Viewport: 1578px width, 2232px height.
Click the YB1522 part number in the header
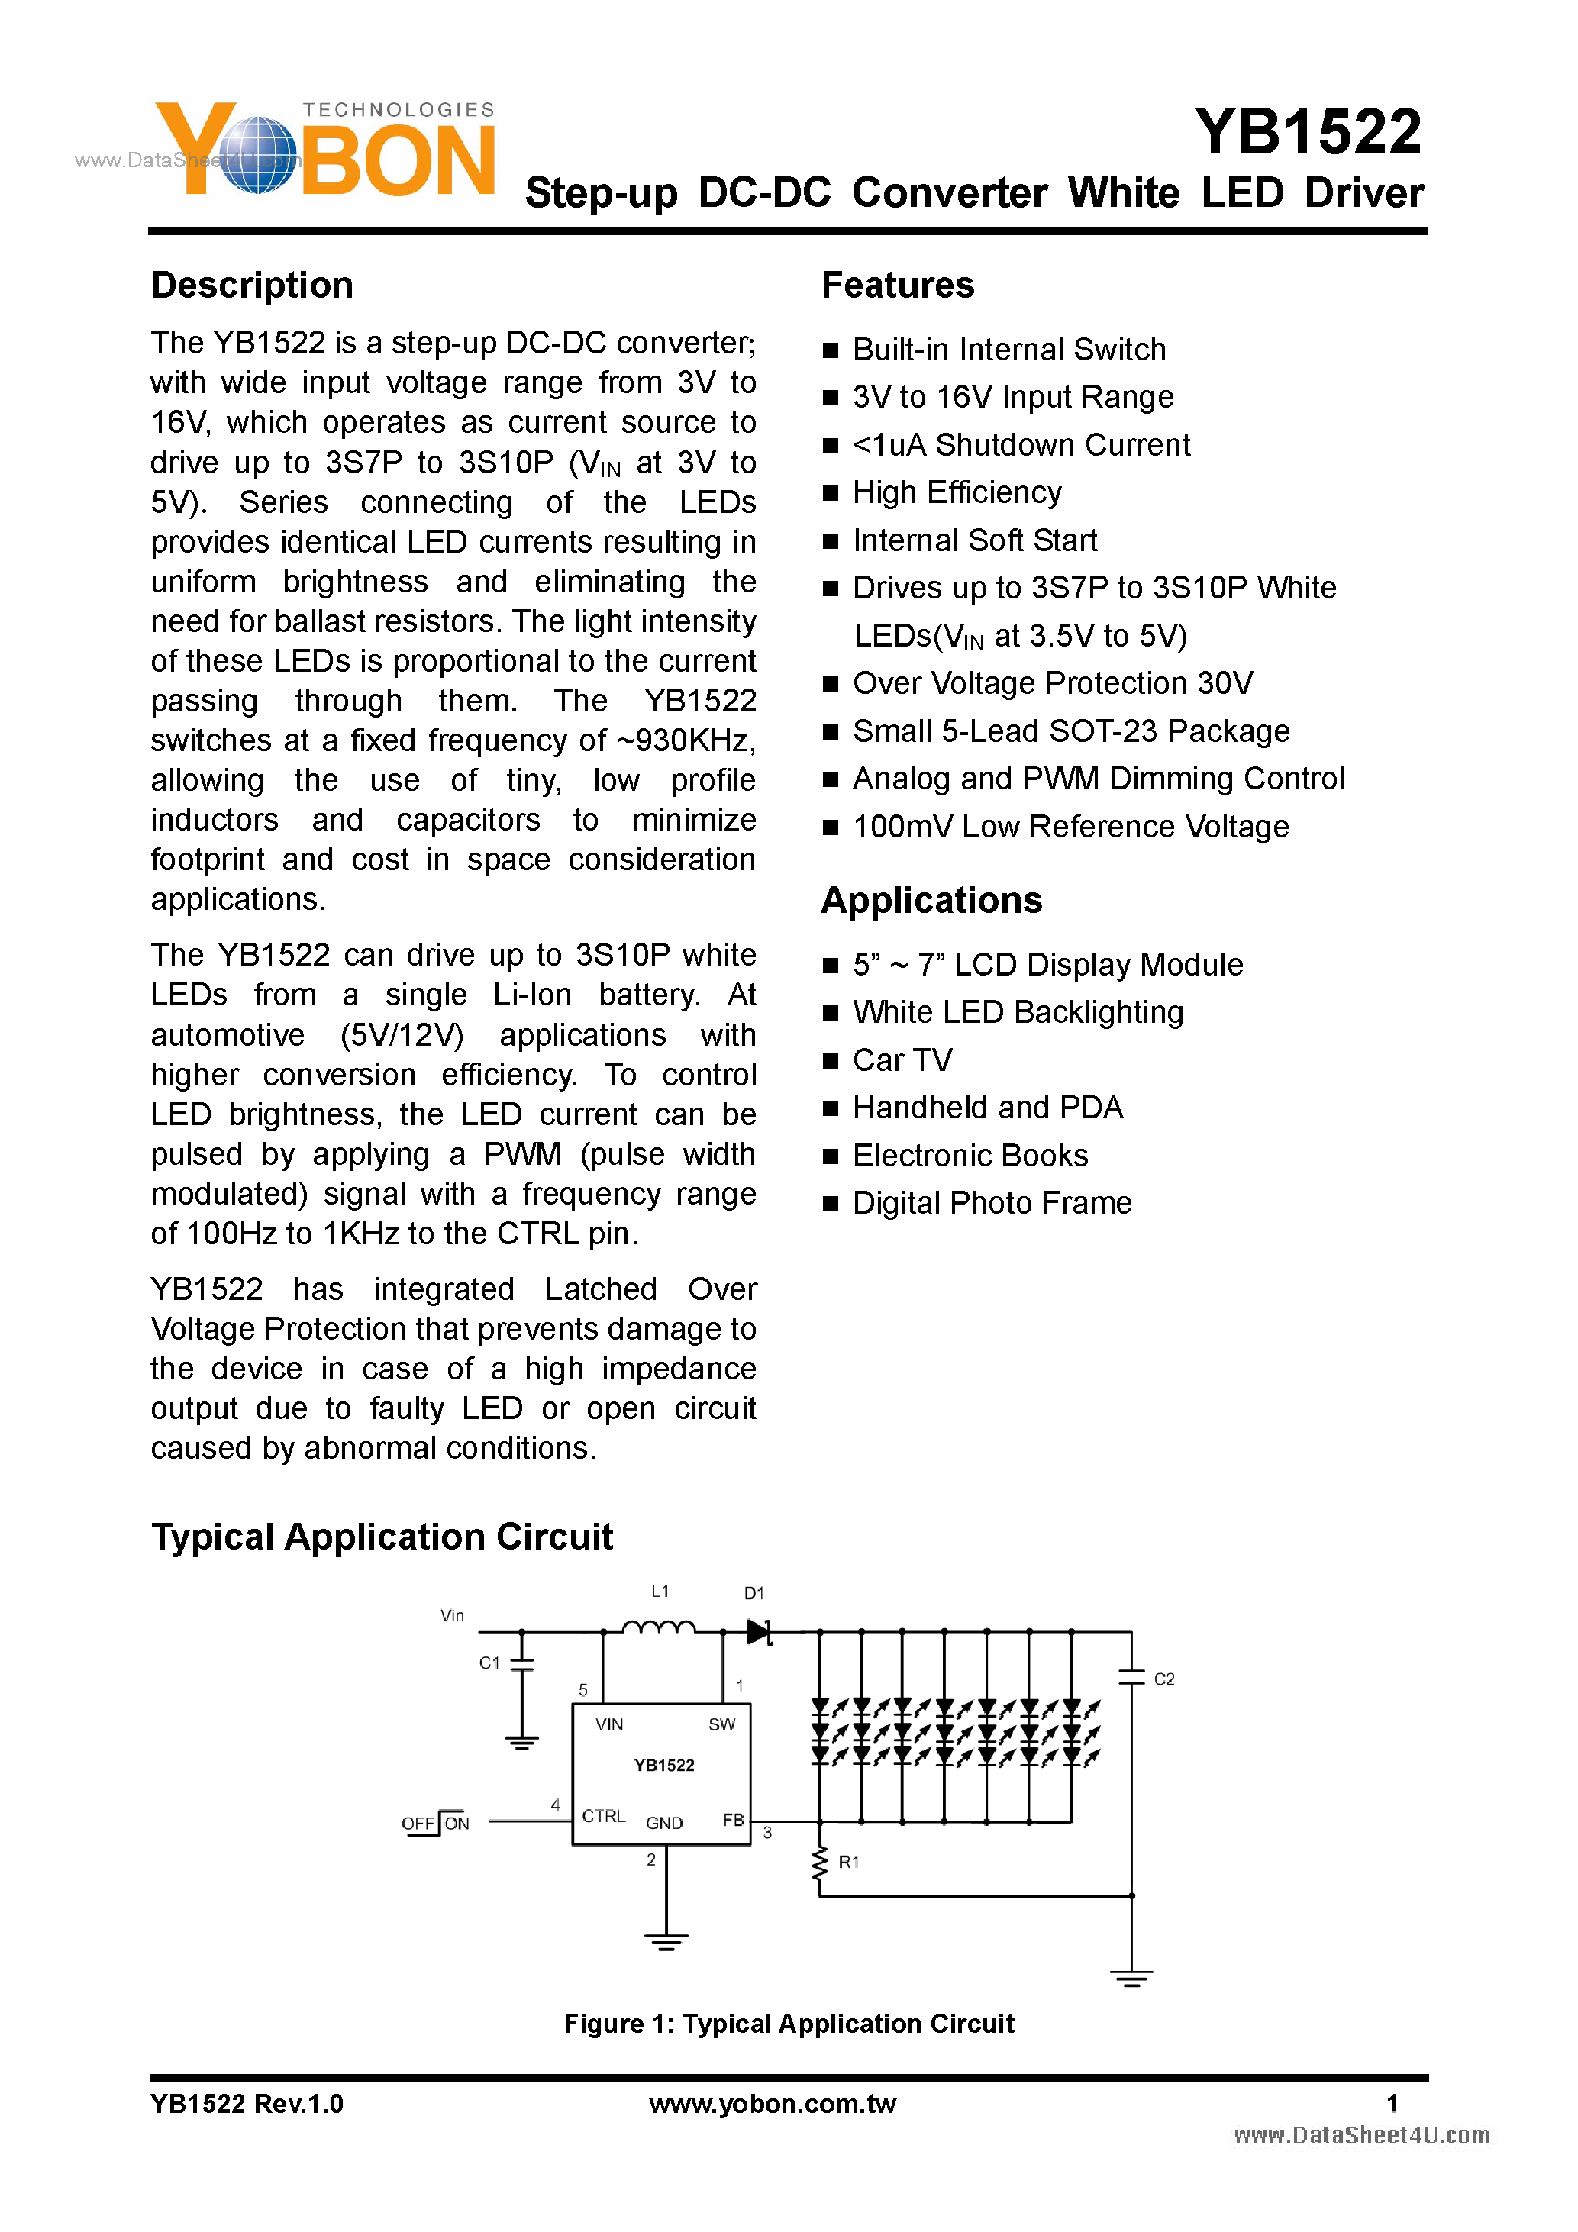[1307, 132]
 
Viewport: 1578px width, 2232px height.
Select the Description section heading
[252, 285]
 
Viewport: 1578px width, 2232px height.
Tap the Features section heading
[898, 285]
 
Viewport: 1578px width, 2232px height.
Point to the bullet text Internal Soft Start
[974, 540]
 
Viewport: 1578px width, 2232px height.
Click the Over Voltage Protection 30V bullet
[1052, 683]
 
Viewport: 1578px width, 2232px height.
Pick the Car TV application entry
[902, 1060]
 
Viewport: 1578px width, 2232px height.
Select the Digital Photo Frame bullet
[992, 1204]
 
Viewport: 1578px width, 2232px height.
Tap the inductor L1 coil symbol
[658, 1627]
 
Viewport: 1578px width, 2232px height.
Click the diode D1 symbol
[758, 1632]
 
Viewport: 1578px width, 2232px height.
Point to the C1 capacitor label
[489, 1663]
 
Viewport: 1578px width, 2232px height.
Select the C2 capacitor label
[1163, 1679]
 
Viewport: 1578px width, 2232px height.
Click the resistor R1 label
[849, 1863]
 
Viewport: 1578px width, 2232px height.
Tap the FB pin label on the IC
[733, 1820]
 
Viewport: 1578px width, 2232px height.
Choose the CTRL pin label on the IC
[603, 1816]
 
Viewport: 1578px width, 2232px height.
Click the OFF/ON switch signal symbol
[436, 1823]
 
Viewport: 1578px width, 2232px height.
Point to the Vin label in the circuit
[452, 1616]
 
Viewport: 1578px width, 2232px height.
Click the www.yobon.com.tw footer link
[772, 2104]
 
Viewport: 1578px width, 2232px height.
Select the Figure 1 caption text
[789, 2024]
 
